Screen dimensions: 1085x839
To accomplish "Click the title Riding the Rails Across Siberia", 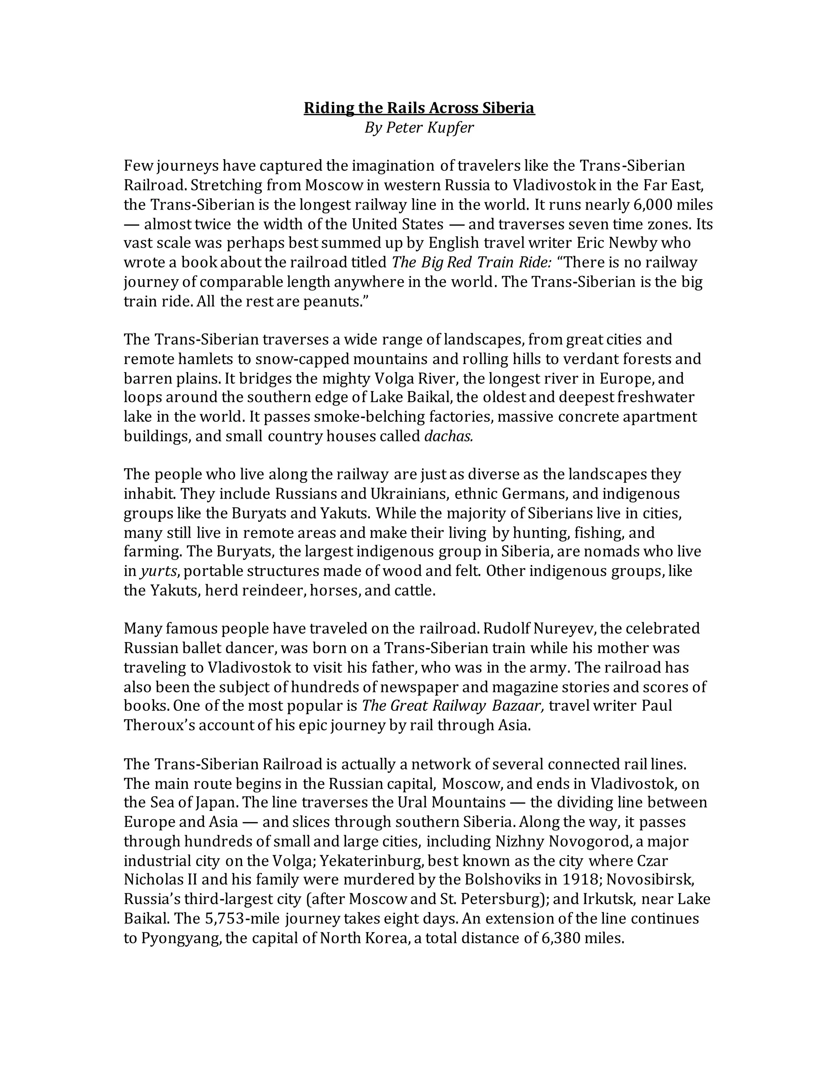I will click(419, 108).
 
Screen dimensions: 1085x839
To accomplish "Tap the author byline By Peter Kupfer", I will click(419, 128).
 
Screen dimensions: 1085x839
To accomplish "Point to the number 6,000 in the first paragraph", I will click(651, 204).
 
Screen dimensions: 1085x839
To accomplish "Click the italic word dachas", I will click(448, 436).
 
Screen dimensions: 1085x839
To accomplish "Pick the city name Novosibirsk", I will click(649, 880).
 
